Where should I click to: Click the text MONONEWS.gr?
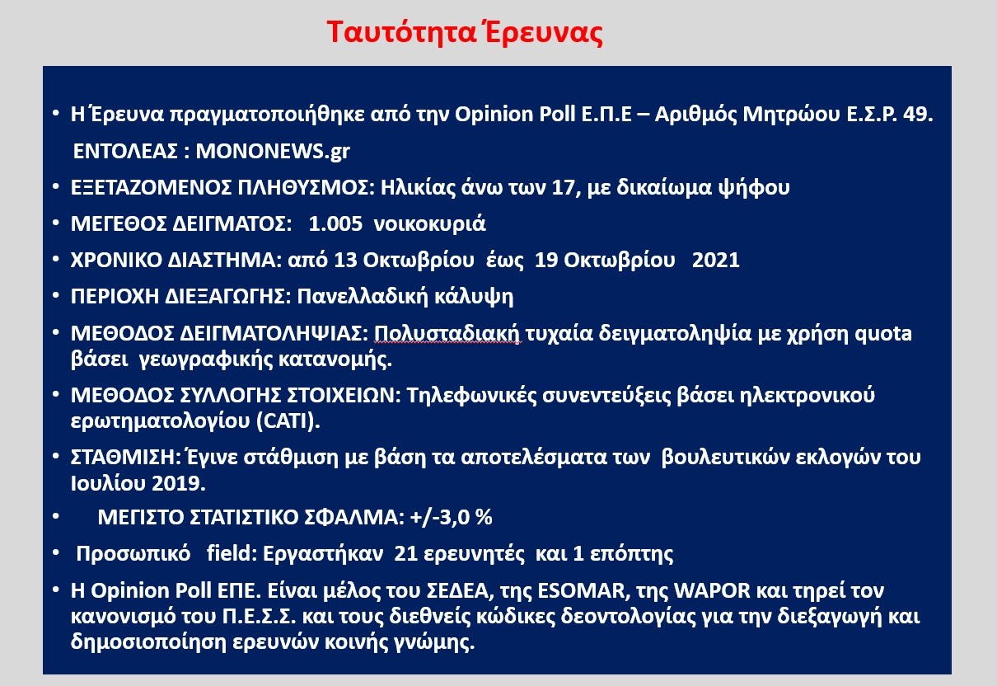click(x=273, y=152)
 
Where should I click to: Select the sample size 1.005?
click(x=335, y=223)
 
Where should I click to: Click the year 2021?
click(x=716, y=261)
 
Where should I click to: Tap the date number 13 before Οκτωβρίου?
click(x=346, y=261)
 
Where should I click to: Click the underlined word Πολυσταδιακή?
click(x=447, y=334)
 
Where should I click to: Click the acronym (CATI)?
click(x=288, y=421)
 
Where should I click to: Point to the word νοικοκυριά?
click(x=429, y=223)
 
